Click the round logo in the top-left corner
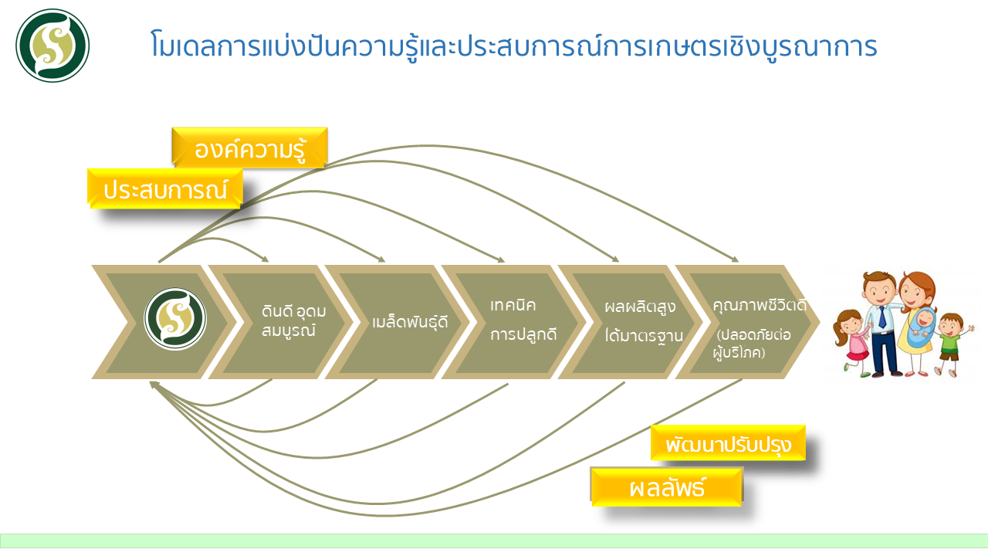pyautogui.click(x=52, y=46)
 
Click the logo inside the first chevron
pyautogui.click(x=175, y=319)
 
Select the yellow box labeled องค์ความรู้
pyautogui.click(x=249, y=147)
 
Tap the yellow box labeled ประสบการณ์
pyautogui.click(x=165, y=189)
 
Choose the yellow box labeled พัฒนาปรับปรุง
pyautogui.click(x=728, y=443)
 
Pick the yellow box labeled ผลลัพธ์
pyautogui.click(x=667, y=486)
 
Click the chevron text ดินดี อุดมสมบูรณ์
pyautogui.click(x=293, y=320)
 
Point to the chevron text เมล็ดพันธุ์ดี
pyautogui.click(x=410, y=322)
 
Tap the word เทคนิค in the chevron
pyautogui.click(x=513, y=305)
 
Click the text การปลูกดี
pyautogui.click(x=523, y=334)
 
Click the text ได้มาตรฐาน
pyautogui.click(x=644, y=335)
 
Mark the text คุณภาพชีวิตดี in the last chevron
pyautogui.click(x=760, y=305)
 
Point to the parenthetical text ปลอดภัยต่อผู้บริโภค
pyautogui.click(x=752, y=344)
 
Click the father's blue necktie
pyautogui.click(x=881, y=317)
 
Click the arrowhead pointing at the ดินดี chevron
pyautogui.click(x=265, y=259)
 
